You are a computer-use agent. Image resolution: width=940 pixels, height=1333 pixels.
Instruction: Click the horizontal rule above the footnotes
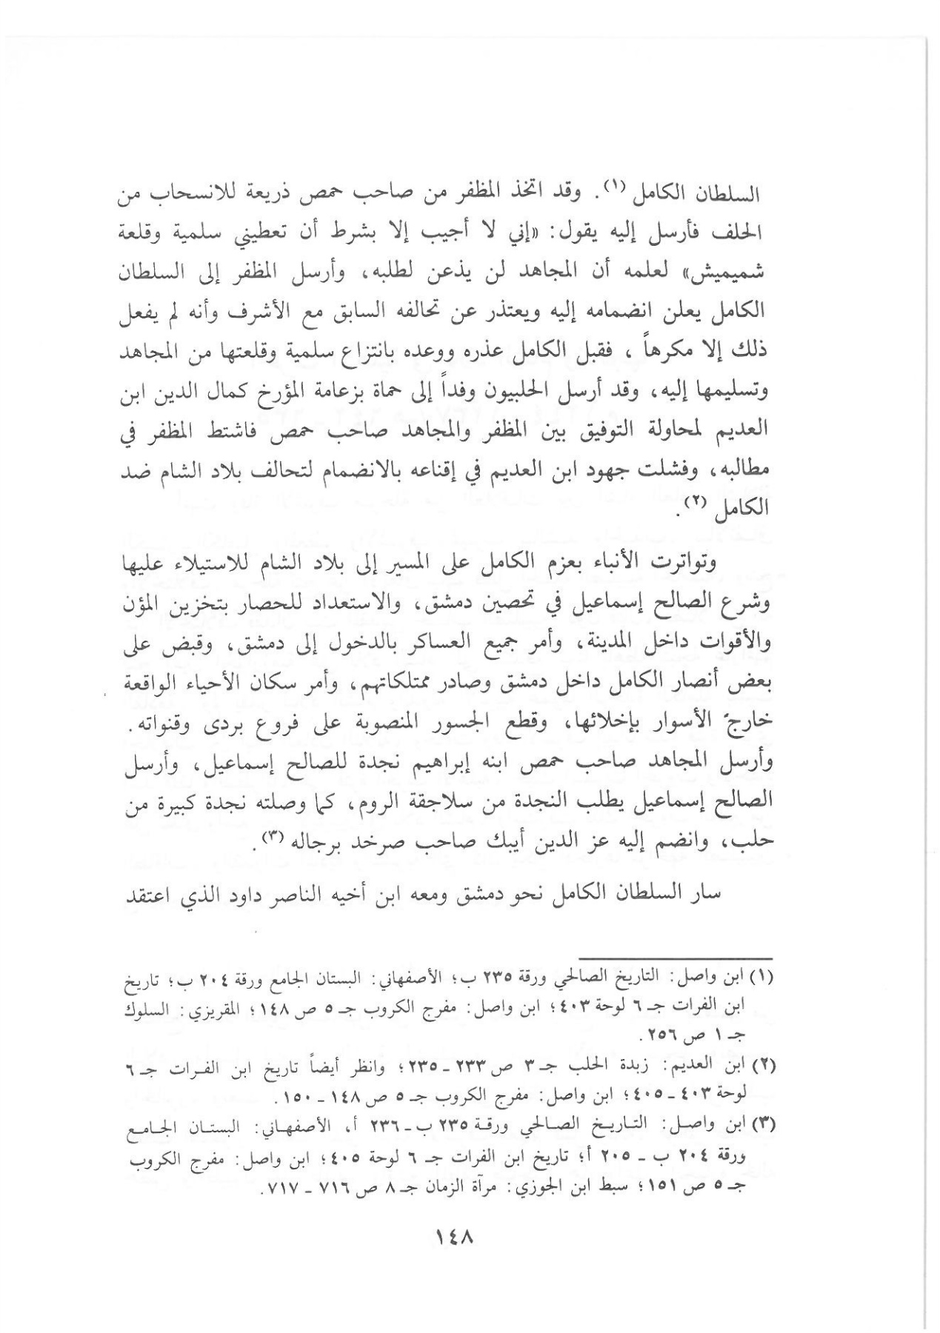pos(675,958)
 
